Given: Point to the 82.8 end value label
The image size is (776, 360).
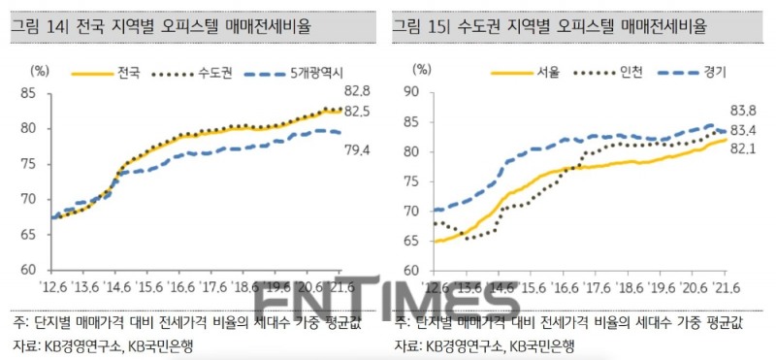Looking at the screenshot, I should coord(358,92).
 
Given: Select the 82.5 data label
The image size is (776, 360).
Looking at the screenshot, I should coord(358,113).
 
